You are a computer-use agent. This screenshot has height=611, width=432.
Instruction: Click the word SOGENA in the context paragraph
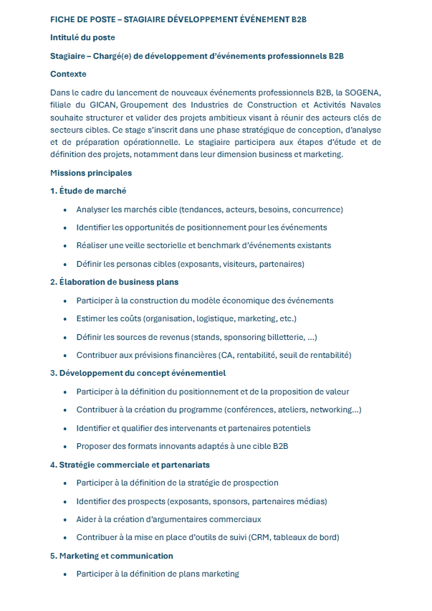[x=363, y=93]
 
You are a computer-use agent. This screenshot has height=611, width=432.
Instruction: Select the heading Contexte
[x=68, y=74]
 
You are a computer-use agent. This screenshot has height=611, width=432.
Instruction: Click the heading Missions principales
[x=91, y=173]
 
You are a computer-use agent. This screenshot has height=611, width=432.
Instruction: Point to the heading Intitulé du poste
[x=82, y=37]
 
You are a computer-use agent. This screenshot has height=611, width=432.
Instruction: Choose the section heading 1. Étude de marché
[x=88, y=191]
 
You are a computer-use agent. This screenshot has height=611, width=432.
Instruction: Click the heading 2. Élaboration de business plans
[x=115, y=282]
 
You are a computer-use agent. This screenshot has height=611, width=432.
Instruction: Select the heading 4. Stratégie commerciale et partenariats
[x=130, y=465]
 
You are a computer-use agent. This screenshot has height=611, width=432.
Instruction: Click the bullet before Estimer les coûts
[x=65, y=319]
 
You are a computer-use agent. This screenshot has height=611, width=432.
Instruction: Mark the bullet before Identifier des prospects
[x=65, y=501]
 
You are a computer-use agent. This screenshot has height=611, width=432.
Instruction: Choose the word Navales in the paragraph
[x=362, y=105]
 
